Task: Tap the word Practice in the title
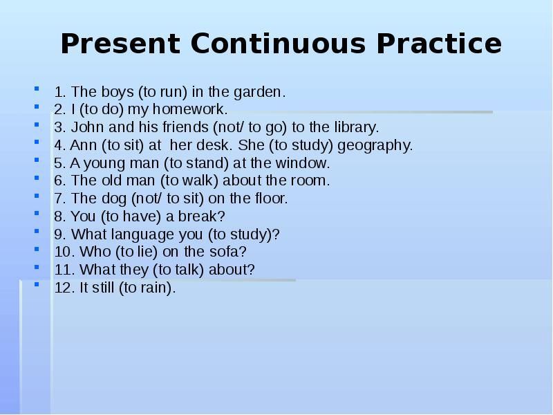[x=439, y=44]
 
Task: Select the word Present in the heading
[x=121, y=44]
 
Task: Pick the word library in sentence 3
[x=355, y=127]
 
